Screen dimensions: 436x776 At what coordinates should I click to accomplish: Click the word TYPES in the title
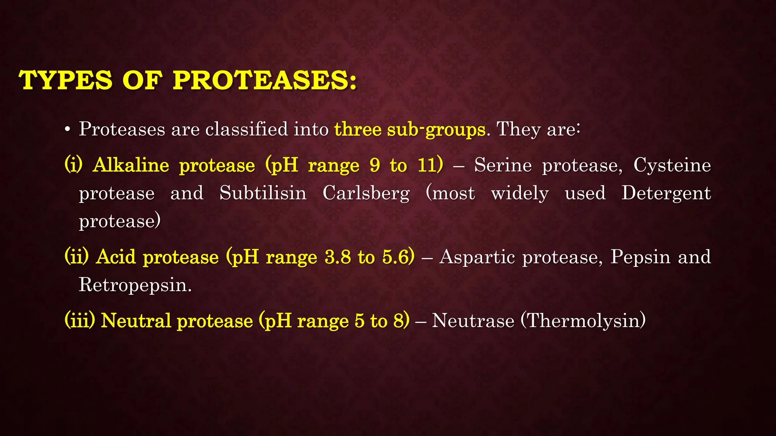(66, 80)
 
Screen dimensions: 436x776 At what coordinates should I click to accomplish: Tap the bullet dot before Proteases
(67, 130)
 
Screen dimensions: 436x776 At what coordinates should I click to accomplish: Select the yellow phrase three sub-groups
(410, 129)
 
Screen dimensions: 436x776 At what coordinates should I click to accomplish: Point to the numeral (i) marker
(74, 165)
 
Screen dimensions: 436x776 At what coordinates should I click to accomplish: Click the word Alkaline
(131, 165)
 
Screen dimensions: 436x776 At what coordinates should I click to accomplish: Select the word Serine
(503, 165)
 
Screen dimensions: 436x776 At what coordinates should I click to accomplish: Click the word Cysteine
(672, 165)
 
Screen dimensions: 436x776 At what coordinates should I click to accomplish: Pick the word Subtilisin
(263, 193)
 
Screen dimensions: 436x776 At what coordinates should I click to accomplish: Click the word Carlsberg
(366, 193)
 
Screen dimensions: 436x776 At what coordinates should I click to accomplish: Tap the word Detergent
(666, 193)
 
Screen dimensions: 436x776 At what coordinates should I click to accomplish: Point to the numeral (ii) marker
(77, 257)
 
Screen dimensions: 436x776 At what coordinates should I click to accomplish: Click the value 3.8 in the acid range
(338, 257)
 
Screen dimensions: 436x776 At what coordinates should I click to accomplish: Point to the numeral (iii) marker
(80, 320)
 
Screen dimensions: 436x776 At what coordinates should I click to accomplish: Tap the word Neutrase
(473, 320)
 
